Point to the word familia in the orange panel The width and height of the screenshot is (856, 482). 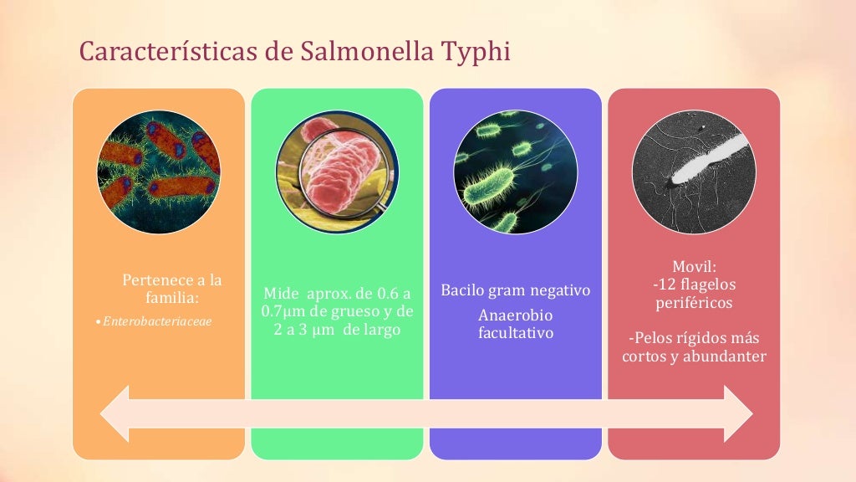(x=172, y=297)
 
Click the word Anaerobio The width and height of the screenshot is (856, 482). (x=516, y=315)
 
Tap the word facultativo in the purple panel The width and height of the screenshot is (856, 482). (x=516, y=333)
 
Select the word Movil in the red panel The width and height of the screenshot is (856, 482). (x=692, y=266)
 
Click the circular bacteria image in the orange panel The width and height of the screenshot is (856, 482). (x=159, y=172)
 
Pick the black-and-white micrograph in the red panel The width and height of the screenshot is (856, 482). (x=694, y=172)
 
